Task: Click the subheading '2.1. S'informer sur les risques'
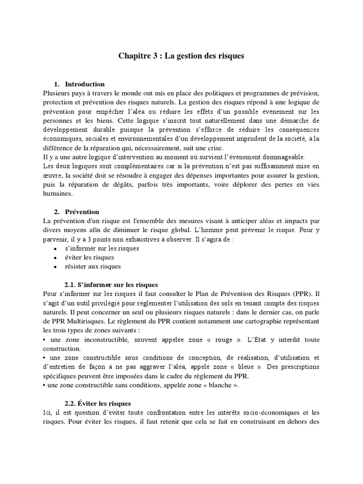point(111,285)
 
